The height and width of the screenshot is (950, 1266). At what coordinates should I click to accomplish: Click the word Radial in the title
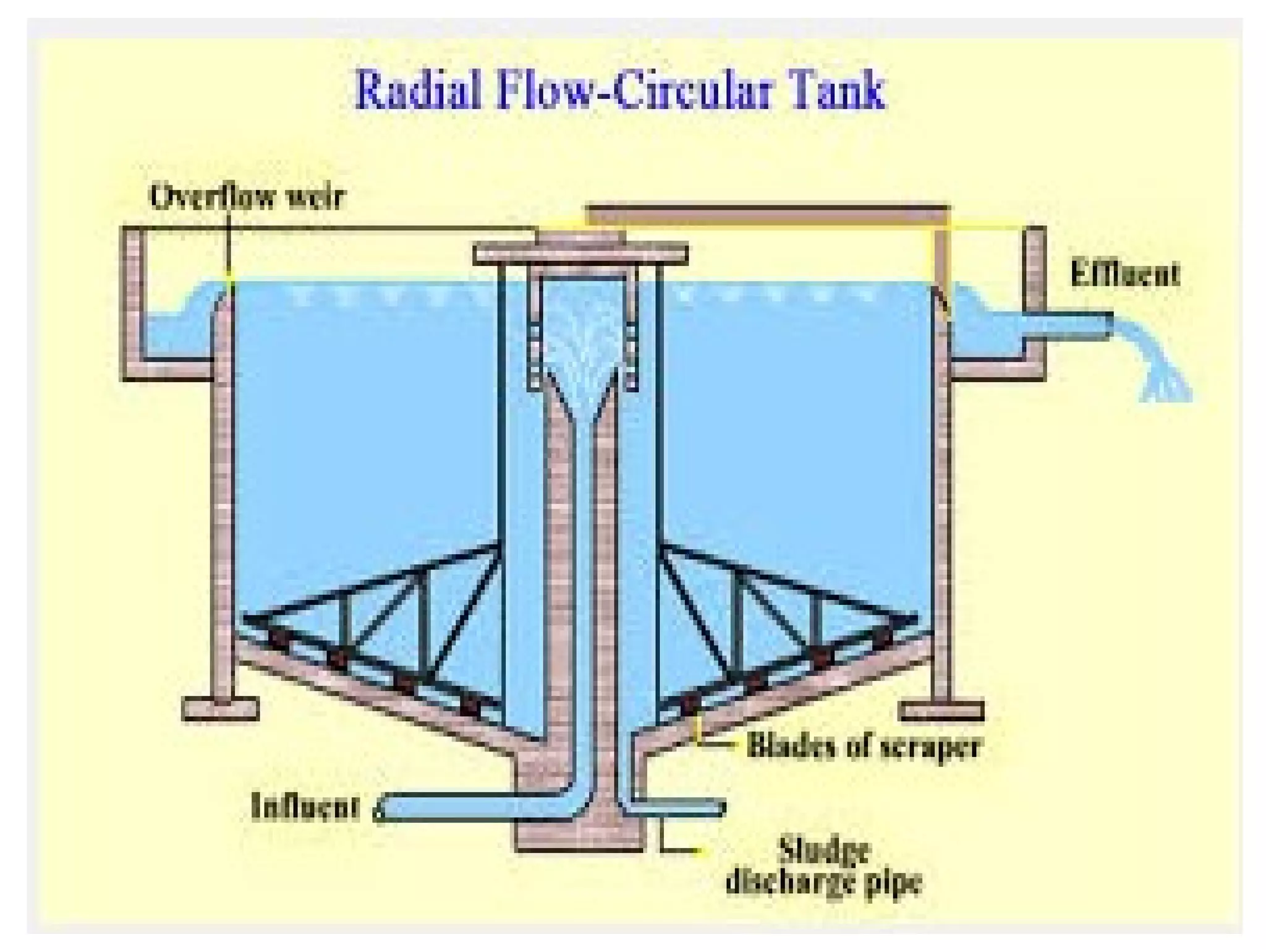pos(412,92)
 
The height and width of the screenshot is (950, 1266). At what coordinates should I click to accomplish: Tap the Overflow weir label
pos(248,197)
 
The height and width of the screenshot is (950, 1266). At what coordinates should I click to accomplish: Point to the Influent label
pos(305,807)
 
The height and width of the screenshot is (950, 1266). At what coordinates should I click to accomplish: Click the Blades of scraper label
pos(863,746)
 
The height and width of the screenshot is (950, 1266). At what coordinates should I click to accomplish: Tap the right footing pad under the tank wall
pos(941,711)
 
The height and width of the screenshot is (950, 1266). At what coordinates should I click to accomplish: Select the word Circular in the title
pos(692,92)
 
